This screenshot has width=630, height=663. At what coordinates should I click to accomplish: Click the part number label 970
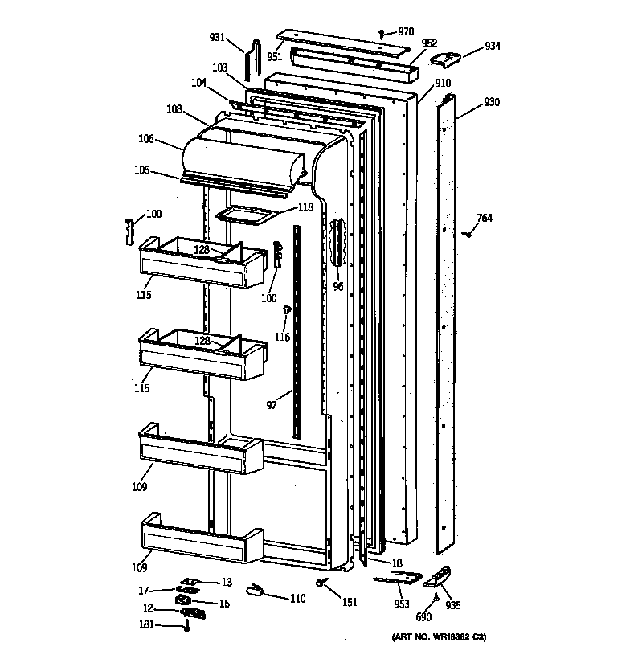[406, 31]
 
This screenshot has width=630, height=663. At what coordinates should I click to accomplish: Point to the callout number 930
[492, 103]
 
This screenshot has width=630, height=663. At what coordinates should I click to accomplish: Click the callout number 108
[174, 108]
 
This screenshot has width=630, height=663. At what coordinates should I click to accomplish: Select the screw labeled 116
[286, 310]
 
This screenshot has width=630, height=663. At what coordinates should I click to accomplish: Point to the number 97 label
[272, 405]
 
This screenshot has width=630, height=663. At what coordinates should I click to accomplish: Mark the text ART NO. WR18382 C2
[439, 637]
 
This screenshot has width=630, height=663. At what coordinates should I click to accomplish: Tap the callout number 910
[443, 83]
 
